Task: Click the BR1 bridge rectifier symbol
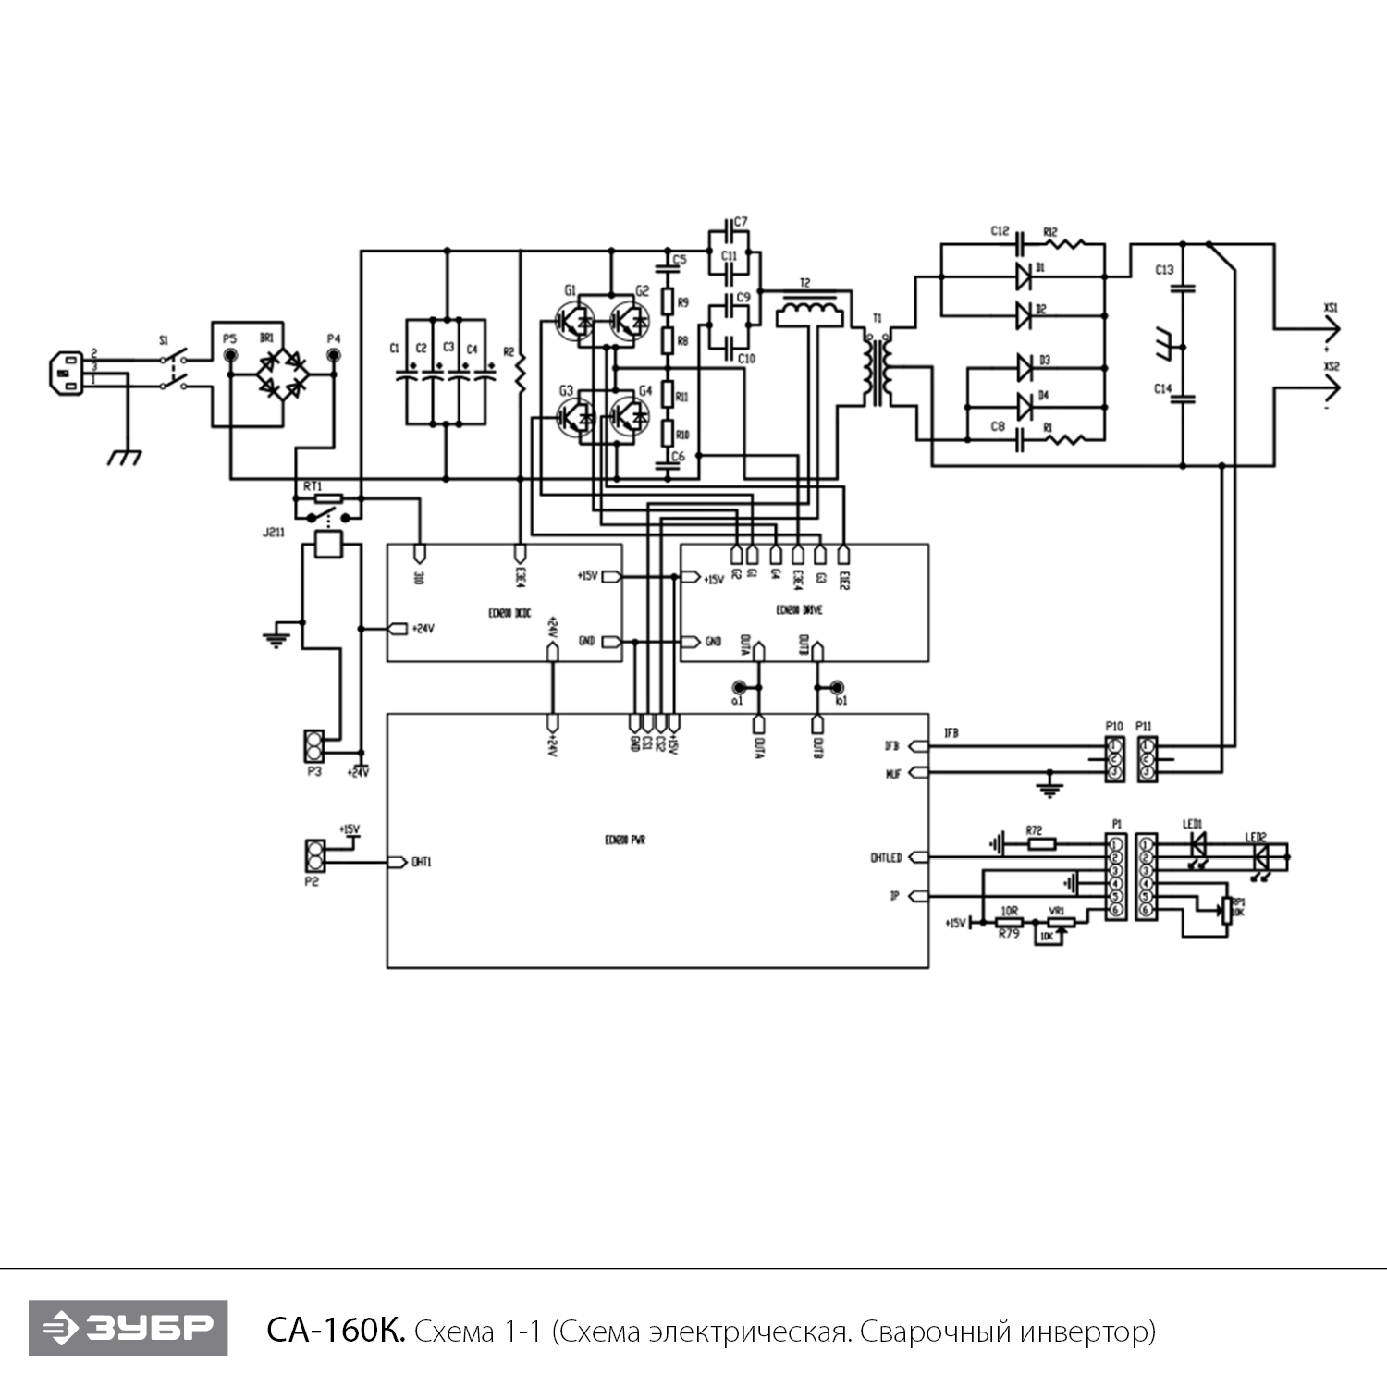(282, 374)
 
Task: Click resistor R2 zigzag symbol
(520, 374)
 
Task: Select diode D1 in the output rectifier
(1024, 274)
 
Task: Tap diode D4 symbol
(1024, 406)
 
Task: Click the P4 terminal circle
(334, 354)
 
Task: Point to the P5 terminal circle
(230, 354)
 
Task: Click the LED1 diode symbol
(1198, 843)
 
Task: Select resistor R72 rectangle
(1041, 843)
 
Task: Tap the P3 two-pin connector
(314, 743)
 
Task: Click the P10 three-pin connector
(1115, 758)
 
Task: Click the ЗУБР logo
(128, 1328)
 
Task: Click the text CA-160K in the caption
(335, 1332)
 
